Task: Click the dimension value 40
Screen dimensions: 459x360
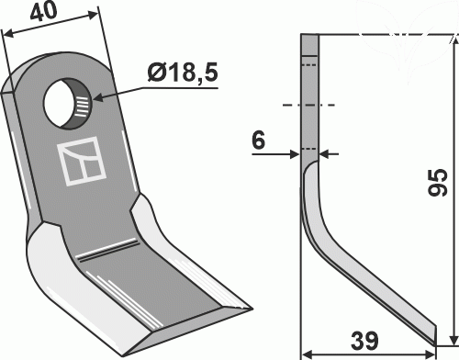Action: point(44,12)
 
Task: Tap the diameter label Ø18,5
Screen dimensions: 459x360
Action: point(183,73)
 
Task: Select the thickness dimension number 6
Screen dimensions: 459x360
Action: point(258,141)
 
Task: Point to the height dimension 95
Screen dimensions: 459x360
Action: point(438,182)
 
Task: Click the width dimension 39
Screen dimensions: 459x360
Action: point(364,341)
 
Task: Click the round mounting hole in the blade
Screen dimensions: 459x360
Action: point(67,104)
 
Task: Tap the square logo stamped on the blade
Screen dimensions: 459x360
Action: point(82,161)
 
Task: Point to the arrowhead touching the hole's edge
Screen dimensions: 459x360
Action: point(98,97)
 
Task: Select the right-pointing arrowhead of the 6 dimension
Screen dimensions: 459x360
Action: point(295,154)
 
